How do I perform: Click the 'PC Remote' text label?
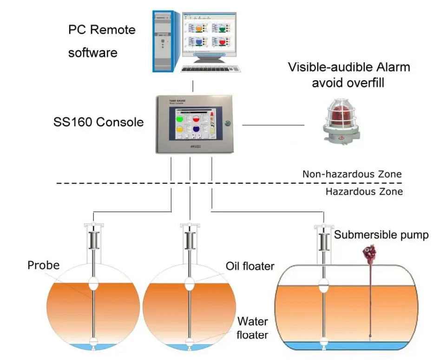point(102,30)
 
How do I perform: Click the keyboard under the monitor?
point(212,68)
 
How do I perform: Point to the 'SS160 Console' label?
point(98,123)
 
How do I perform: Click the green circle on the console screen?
point(180,119)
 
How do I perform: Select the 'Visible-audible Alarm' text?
point(349,67)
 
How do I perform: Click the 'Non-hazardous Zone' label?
point(352,175)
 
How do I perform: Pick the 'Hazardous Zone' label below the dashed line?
point(364,191)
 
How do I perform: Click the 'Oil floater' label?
point(250,266)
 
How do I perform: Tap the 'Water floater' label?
point(252,327)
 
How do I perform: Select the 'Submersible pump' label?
point(381,235)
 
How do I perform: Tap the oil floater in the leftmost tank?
point(94,283)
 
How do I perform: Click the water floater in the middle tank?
point(189,344)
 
